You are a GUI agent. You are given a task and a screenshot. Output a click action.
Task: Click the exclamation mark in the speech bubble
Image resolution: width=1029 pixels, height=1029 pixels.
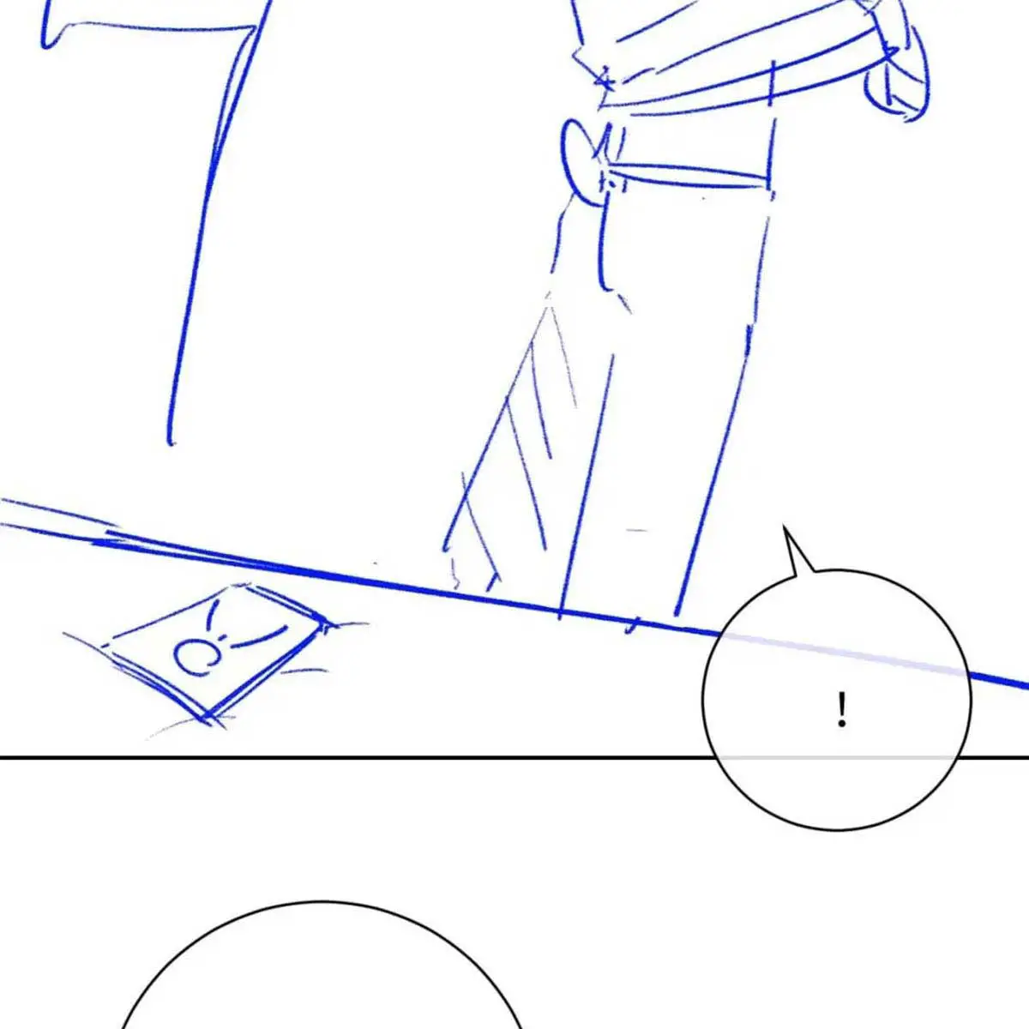(842, 709)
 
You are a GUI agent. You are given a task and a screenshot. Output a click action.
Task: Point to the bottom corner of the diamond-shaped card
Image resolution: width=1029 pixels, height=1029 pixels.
(204, 717)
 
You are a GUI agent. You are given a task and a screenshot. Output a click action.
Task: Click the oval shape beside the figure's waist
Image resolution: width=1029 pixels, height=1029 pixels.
(582, 162)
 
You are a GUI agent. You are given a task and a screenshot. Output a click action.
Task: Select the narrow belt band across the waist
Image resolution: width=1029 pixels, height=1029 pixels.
(689, 176)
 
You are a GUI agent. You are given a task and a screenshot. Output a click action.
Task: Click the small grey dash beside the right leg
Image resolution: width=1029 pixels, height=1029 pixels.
(636, 530)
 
